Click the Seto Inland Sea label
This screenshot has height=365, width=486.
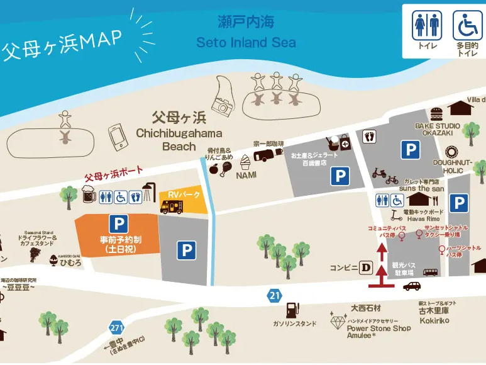[x=246, y=43]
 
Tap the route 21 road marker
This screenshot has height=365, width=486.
[x=273, y=294]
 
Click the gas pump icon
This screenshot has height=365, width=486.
[x=292, y=310]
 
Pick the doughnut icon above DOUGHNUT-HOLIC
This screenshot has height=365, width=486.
[x=451, y=152]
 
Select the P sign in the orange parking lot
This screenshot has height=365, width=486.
[x=117, y=223]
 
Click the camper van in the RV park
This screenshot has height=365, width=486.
[x=172, y=206]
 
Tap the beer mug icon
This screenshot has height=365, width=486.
[x=89, y=196]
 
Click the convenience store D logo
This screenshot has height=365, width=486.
[x=365, y=267]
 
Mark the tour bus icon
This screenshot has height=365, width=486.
[x=431, y=272]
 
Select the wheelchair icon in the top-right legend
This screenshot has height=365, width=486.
[x=466, y=26]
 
